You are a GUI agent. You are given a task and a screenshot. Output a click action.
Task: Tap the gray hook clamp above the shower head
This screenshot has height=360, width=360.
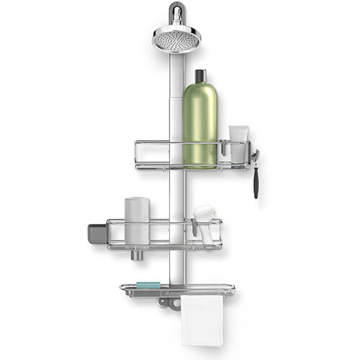(x=176, y=12)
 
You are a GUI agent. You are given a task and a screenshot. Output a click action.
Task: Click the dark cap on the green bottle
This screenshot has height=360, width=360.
(x=200, y=76)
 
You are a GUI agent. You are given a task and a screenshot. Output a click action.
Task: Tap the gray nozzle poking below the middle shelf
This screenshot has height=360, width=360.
(x=137, y=256)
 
